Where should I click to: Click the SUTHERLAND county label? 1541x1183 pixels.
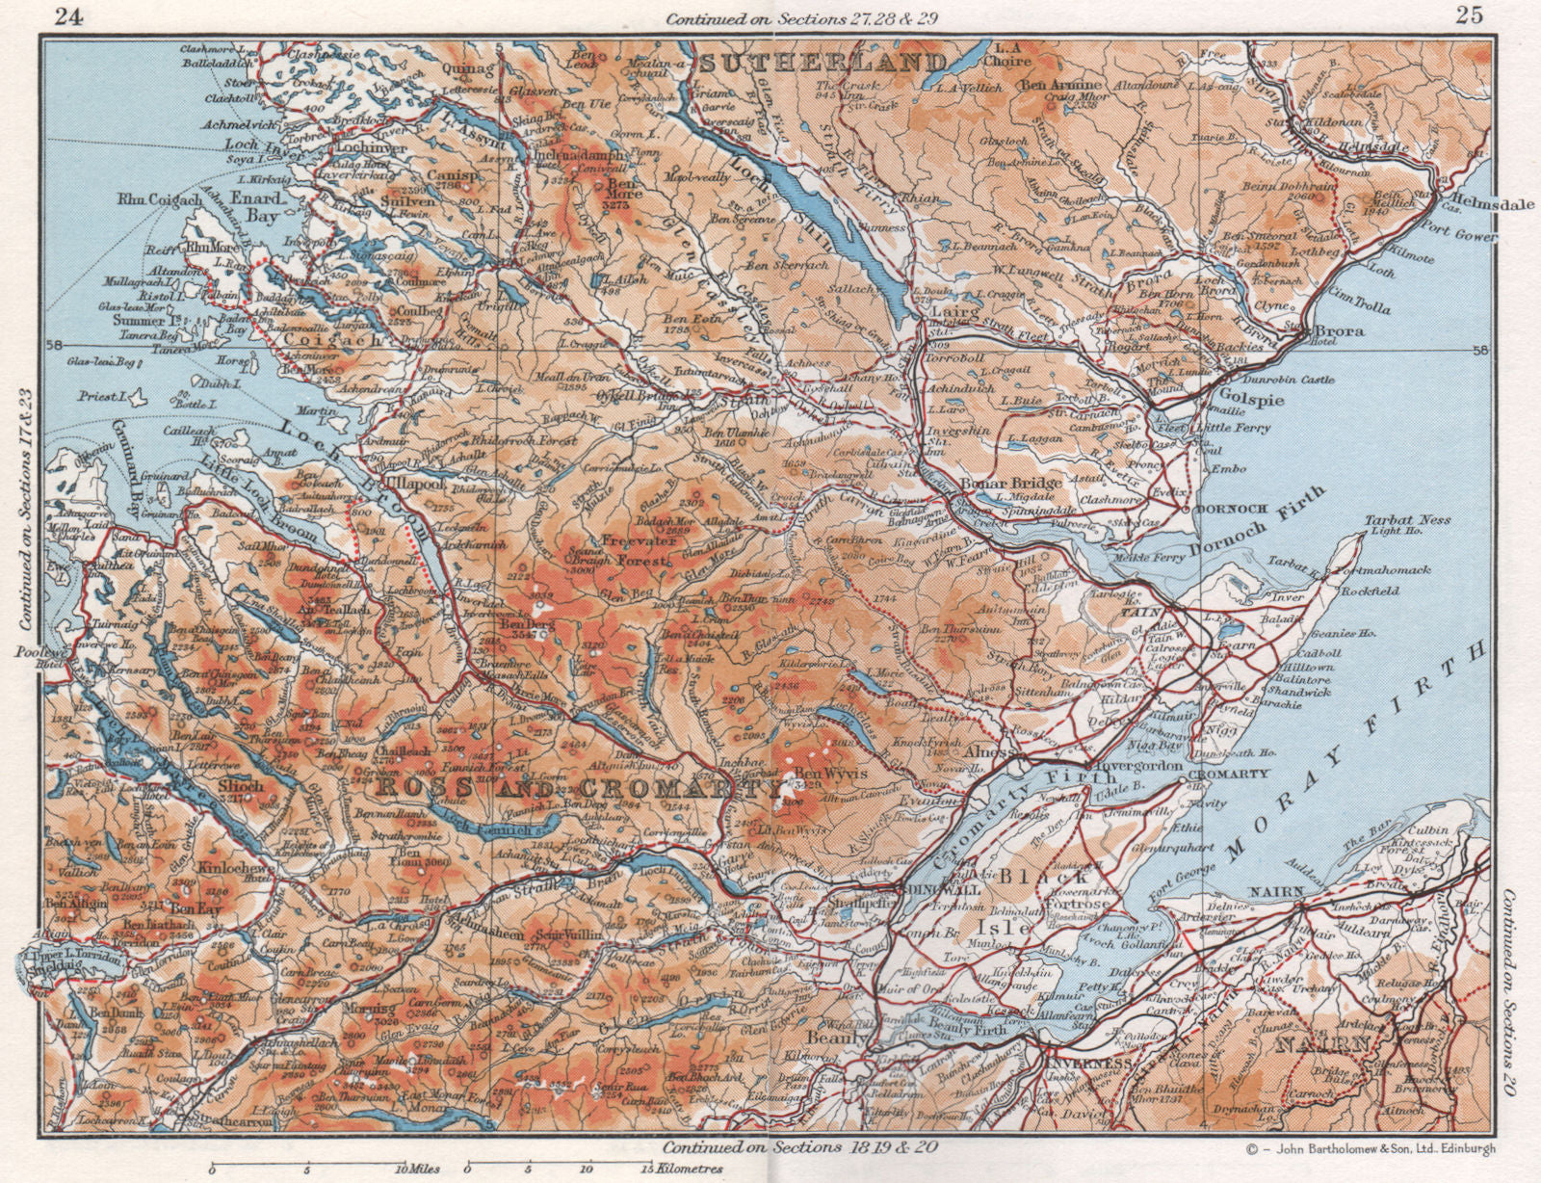click(823, 65)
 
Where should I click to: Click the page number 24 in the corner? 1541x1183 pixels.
click(66, 14)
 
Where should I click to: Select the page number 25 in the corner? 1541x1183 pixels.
click(1469, 14)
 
